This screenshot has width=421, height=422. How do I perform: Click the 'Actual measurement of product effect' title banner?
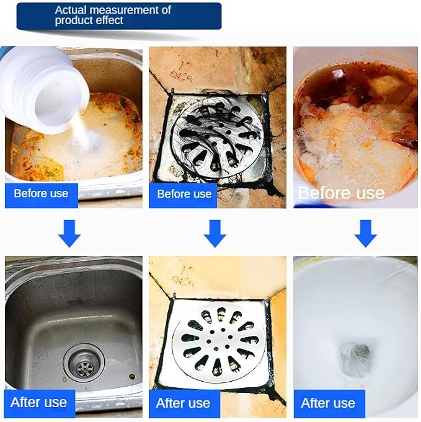click(x=119, y=16)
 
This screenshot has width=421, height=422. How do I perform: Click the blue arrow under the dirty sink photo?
click(x=69, y=234)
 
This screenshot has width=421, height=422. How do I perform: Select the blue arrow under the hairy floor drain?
click(x=215, y=234)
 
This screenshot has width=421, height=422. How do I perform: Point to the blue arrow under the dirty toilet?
click(x=366, y=234)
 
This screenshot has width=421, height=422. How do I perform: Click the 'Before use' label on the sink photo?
click(x=41, y=195)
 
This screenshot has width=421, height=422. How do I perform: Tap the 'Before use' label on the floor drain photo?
click(x=183, y=195)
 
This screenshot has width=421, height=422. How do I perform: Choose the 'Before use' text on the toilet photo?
click(x=341, y=193)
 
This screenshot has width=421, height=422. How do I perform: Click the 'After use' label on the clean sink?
click(x=39, y=403)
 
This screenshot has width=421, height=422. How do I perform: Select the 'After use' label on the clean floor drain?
click(x=184, y=403)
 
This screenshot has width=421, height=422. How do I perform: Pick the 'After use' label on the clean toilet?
click(x=329, y=403)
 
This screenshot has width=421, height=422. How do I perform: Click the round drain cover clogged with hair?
click(x=218, y=138)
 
